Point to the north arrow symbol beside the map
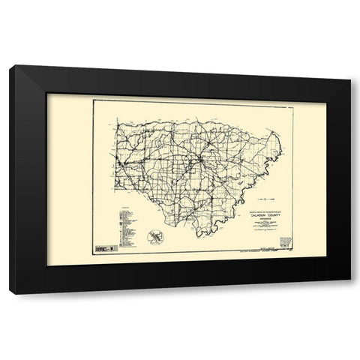267,199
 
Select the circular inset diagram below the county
154,235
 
